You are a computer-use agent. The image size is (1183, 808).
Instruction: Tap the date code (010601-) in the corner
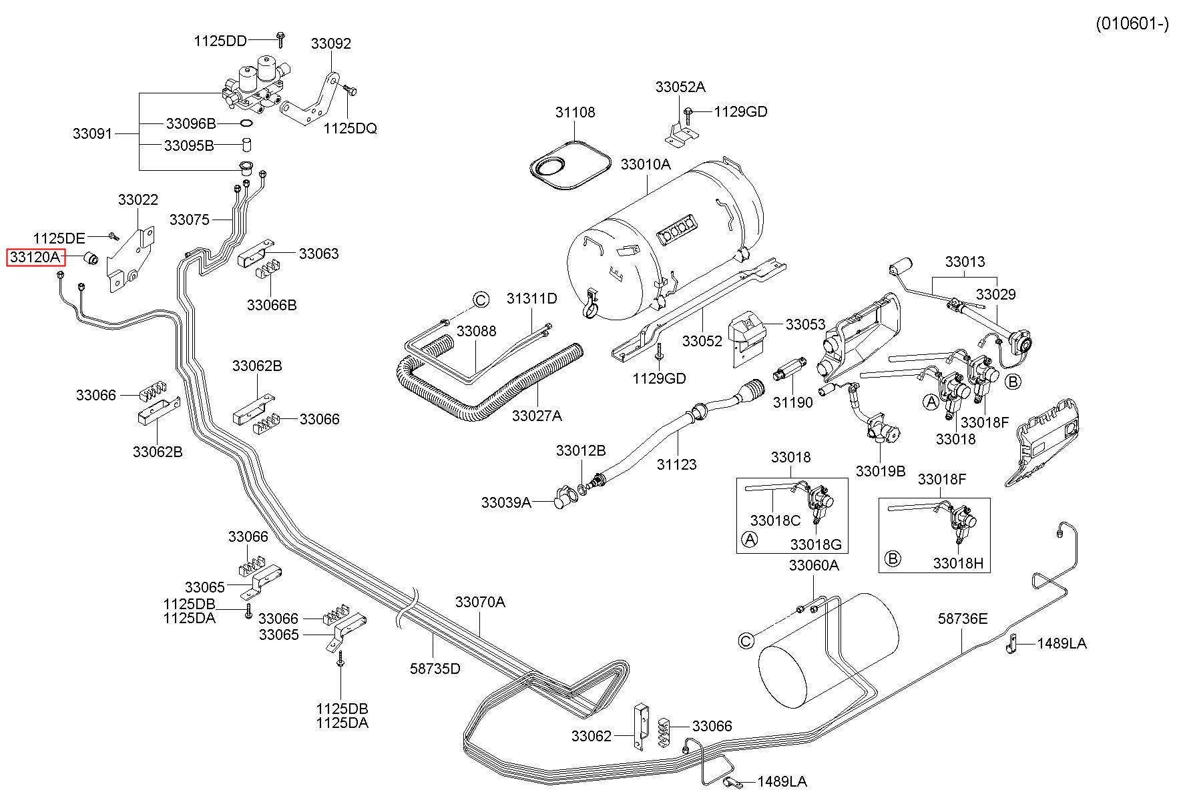[1133, 24]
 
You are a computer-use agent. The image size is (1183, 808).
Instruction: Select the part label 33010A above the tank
[646, 163]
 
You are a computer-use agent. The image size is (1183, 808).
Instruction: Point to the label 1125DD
[220, 41]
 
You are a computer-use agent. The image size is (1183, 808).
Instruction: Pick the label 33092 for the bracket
[330, 43]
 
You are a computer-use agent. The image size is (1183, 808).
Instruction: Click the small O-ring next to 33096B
[246, 123]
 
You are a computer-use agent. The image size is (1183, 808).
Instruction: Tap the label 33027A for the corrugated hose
[537, 416]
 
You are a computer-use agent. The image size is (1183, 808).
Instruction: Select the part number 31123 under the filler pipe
[676, 464]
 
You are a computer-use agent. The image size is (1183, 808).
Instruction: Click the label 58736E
[963, 619]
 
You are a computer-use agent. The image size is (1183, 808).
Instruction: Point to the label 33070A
[480, 602]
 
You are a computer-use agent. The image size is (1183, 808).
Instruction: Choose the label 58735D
[435, 668]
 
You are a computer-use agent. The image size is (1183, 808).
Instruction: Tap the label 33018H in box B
[958, 563]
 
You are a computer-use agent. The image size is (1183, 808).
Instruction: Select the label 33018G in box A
[815, 544]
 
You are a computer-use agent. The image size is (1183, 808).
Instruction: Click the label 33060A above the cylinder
[814, 565]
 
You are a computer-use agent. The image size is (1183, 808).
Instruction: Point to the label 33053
[806, 324]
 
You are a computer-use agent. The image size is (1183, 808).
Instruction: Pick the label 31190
[793, 402]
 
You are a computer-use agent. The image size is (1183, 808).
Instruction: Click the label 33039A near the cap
[506, 502]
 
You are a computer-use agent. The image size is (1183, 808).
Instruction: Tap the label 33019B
[881, 471]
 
